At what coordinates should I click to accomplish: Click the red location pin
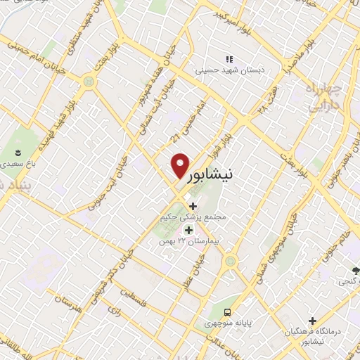180,166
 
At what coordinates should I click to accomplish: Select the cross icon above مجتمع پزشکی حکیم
193,206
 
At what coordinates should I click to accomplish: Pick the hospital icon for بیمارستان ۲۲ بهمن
188,229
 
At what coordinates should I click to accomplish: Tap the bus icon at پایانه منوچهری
227,312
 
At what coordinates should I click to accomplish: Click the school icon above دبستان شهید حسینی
228,59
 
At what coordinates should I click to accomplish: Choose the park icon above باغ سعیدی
18,153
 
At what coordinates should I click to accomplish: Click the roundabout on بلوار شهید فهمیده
88,82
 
